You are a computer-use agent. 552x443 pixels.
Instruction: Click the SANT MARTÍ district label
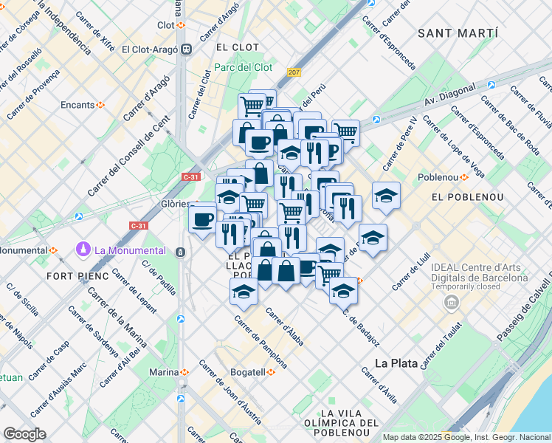(458, 33)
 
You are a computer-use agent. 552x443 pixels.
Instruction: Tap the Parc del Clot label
(244, 67)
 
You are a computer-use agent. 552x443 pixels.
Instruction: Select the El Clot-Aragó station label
(151, 49)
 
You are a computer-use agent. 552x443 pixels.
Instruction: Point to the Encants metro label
(77, 105)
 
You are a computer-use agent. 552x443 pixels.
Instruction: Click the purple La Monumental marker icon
(83, 250)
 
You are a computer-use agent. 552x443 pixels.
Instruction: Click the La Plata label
(396, 363)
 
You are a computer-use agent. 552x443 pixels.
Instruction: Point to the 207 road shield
(295, 72)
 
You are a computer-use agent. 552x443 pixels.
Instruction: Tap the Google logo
(24, 434)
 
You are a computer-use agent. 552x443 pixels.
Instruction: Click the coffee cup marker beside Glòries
(203, 219)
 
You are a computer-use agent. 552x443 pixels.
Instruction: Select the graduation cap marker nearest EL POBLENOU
(386, 196)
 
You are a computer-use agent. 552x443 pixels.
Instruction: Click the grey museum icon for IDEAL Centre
(450, 303)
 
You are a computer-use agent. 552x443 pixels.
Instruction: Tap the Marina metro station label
(164, 371)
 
